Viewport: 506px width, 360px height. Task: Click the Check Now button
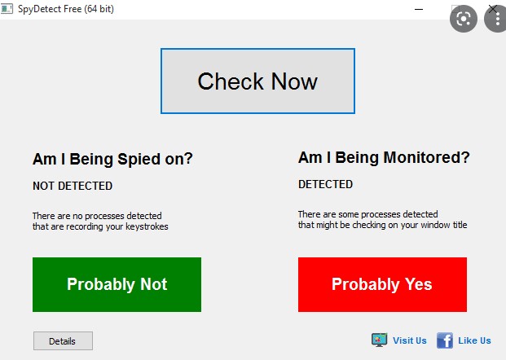[x=257, y=81]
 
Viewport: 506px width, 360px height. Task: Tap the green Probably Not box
[x=117, y=284]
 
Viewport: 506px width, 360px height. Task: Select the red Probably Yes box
[x=382, y=284]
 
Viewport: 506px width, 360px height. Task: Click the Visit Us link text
[x=410, y=340]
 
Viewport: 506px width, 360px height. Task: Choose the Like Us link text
[x=474, y=340]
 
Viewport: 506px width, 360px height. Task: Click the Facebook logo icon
[x=445, y=340]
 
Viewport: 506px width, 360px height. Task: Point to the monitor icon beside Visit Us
[x=379, y=340]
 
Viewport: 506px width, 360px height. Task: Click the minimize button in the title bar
[x=419, y=9]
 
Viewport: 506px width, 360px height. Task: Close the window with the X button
[x=493, y=9]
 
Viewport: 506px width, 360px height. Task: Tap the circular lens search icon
[x=464, y=19]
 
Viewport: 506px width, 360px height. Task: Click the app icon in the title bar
[x=7, y=9]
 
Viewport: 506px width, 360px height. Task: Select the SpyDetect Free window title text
[x=66, y=9]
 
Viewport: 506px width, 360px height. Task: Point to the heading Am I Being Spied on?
[x=112, y=159]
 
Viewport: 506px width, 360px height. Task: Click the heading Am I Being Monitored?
[x=384, y=157]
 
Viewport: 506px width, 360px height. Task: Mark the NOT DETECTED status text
[x=73, y=186]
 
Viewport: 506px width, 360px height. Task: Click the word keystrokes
[x=147, y=226]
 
